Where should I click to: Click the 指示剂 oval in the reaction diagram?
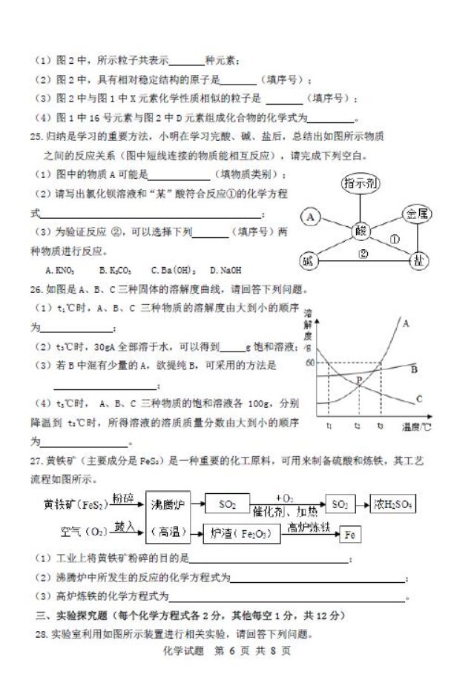pyautogui.click(x=361, y=184)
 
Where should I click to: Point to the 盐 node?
pyautogui.click(x=418, y=261)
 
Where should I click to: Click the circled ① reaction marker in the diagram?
pyautogui.click(x=395, y=240)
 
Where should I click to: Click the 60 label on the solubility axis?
pyautogui.click(x=309, y=363)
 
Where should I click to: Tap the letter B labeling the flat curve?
pyautogui.click(x=415, y=369)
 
